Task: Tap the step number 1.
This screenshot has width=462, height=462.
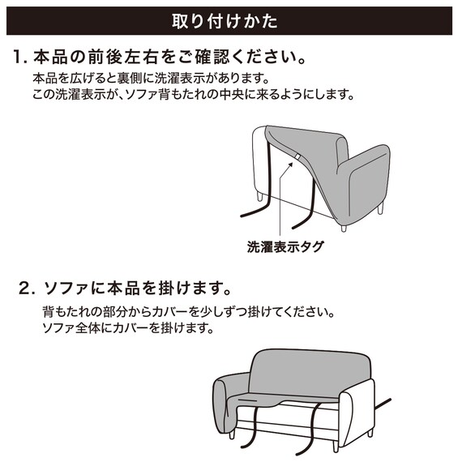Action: [x=20, y=58]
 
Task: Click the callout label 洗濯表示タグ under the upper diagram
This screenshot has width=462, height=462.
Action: [x=284, y=246]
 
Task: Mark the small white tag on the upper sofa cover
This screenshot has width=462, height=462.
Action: [x=297, y=156]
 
